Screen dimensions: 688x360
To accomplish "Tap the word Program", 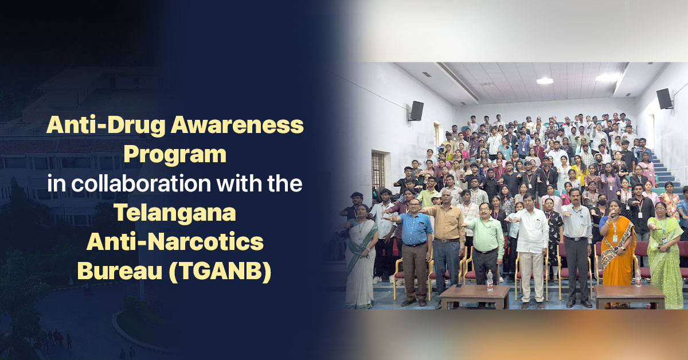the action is tap(175, 155).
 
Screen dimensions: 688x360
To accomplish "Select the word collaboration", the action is tap(141, 183).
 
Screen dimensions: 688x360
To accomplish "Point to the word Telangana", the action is tap(175, 213).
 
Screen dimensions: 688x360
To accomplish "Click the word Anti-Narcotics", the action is tap(175, 242).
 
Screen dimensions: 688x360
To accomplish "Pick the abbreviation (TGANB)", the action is tap(220, 272).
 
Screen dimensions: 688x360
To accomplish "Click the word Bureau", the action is tap(119, 271).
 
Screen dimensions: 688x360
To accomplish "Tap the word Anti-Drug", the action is tap(106, 126).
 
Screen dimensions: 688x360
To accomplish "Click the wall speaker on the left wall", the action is tap(416, 111).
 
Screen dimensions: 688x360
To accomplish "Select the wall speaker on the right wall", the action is tap(664, 99).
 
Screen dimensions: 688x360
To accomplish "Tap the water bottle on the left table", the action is tap(490, 280).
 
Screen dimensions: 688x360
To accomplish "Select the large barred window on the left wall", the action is tap(378, 170).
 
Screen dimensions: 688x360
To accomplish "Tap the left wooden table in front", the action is tap(475, 295).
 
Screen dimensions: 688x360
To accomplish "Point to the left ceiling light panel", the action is tap(545, 81).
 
